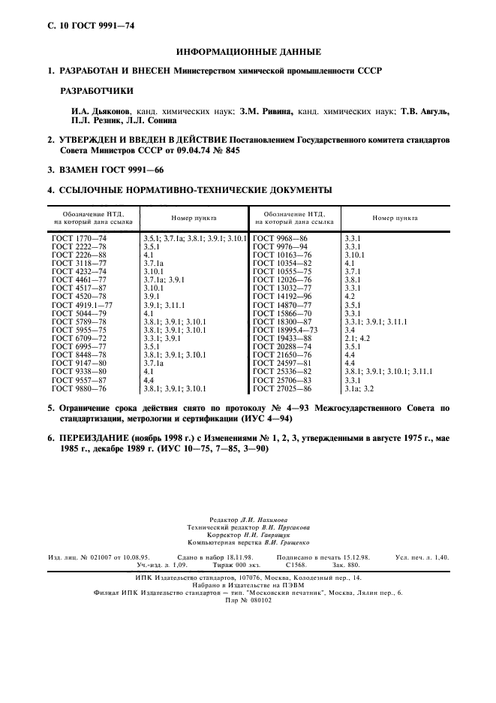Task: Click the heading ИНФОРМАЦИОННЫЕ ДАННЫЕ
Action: click(248, 52)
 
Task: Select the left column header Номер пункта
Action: click(194, 218)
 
